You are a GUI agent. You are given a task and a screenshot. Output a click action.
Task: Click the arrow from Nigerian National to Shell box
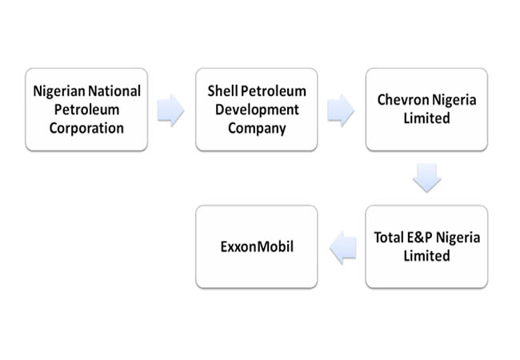click(x=170, y=110)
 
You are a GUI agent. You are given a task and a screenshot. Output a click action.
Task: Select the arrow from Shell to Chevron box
click(x=341, y=110)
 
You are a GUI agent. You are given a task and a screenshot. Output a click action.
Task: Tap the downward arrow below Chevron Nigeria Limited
click(x=427, y=178)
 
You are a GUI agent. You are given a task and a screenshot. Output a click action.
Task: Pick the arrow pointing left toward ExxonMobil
click(x=343, y=248)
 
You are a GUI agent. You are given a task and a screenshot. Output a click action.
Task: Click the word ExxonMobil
click(x=257, y=246)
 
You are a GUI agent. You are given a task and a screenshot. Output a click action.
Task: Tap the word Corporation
click(x=86, y=128)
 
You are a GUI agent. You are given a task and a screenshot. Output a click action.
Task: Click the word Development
click(x=257, y=110)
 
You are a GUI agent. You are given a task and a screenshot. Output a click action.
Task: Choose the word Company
click(x=257, y=129)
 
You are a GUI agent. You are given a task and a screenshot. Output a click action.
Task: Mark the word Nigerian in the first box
click(x=59, y=91)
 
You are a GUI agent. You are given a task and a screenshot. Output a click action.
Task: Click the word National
click(x=114, y=91)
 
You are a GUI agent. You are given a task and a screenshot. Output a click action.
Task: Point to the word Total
click(x=389, y=238)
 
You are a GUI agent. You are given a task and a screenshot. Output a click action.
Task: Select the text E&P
click(x=419, y=238)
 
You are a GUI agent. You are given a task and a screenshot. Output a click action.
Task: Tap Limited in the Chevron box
click(x=427, y=118)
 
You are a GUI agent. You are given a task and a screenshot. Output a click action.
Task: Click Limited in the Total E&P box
click(x=427, y=256)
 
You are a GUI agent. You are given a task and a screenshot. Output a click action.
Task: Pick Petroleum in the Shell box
click(x=274, y=91)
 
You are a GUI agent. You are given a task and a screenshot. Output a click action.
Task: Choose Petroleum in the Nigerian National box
click(x=86, y=110)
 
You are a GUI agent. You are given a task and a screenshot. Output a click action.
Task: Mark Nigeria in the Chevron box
click(x=454, y=100)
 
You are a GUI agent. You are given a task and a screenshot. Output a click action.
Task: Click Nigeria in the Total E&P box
click(x=458, y=238)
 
